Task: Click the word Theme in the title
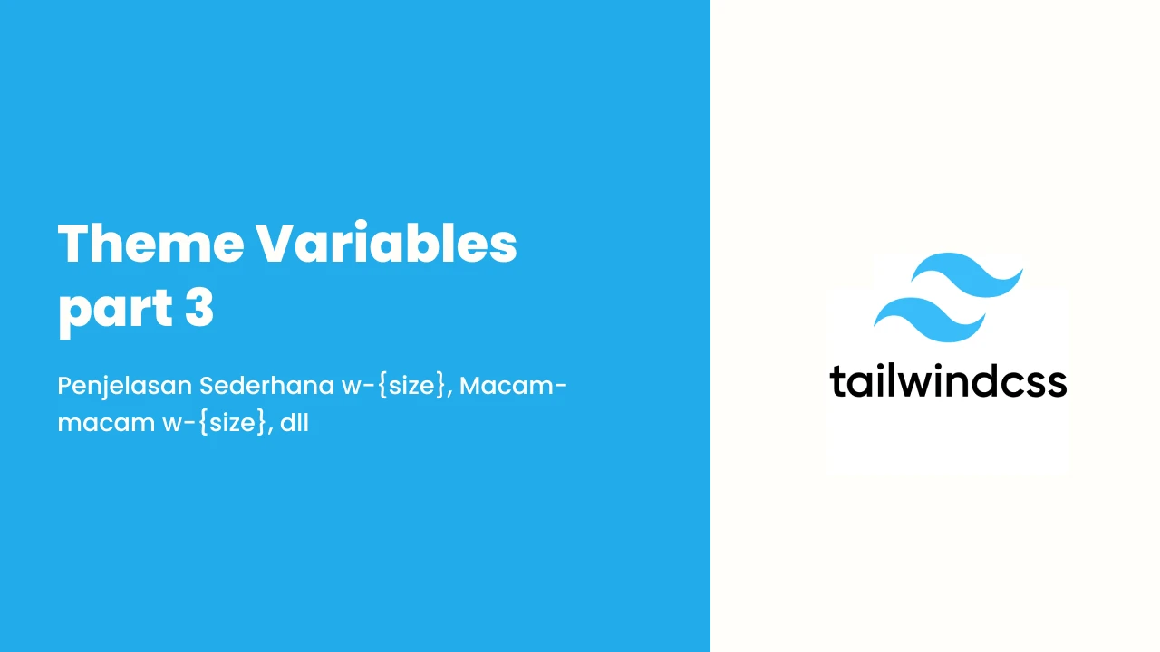[x=150, y=243]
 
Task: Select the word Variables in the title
[x=386, y=242]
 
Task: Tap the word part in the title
[x=115, y=310]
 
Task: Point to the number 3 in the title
[x=199, y=307]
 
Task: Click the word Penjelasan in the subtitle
[x=124, y=387]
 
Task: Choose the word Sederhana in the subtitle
[x=266, y=386]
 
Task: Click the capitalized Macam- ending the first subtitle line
[x=513, y=386]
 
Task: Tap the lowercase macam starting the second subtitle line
[x=106, y=424]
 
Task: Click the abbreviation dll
[x=295, y=422]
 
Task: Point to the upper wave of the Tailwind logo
[x=967, y=274]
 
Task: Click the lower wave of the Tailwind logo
[x=929, y=320]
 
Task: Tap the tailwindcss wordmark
[x=948, y=381]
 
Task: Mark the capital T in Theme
[x=74, y=244]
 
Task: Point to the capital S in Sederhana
[x=208, y=386]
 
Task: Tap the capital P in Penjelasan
[x=66, y=386]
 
